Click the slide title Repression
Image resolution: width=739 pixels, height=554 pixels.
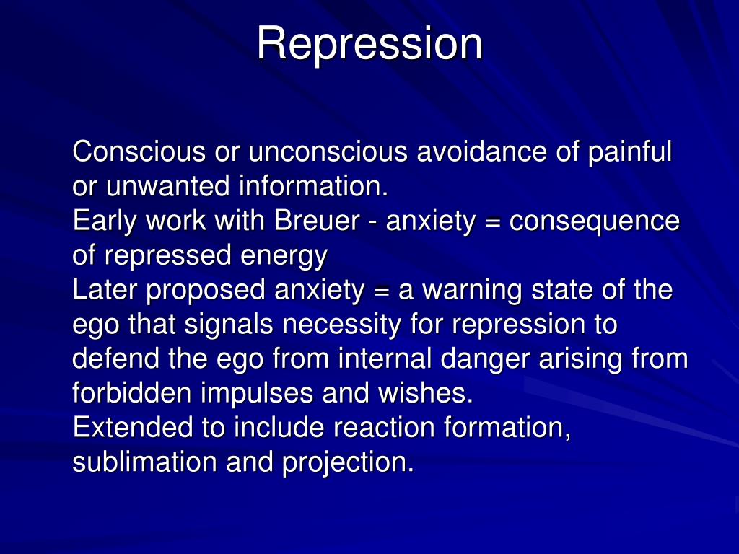369,43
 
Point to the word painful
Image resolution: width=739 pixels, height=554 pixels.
630,152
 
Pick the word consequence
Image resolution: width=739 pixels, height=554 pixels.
595,221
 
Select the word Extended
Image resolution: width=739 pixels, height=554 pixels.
133,428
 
